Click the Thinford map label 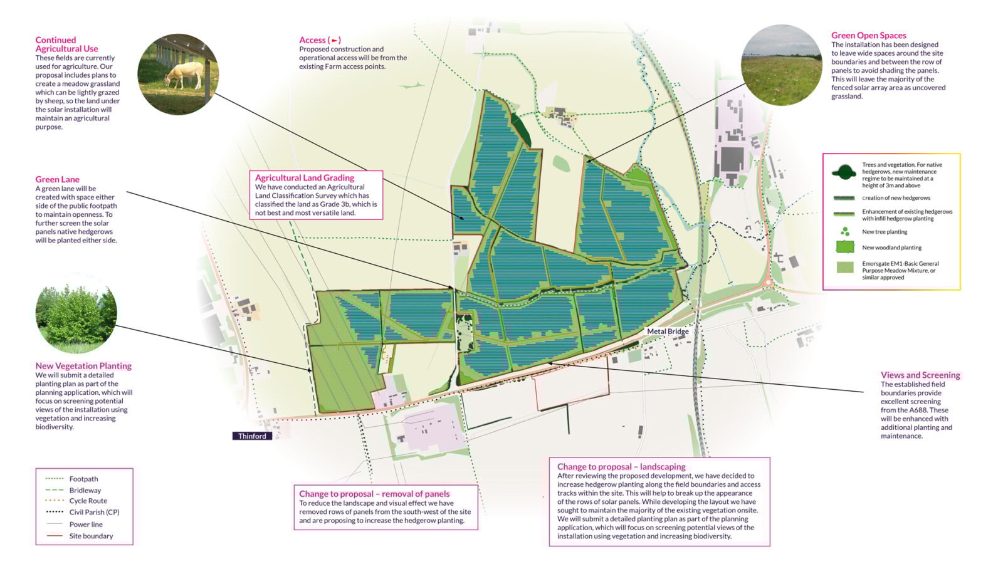point(252,436)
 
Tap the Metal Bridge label point(668,332)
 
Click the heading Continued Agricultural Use point(66,44)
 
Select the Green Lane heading point(57,179)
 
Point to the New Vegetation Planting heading point(83,366)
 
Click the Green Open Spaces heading point(869,36)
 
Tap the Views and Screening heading point(920,375)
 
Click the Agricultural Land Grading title point(305,178)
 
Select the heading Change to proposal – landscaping point(621,467)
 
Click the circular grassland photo point(781,65)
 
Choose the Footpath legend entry point(83,479)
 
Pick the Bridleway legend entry point(85,491)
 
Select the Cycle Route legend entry point(88,501)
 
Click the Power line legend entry point(86,525)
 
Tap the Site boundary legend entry point(91,536)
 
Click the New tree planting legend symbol point(846,232)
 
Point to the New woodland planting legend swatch point(846,248)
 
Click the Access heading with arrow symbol point(320,40)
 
